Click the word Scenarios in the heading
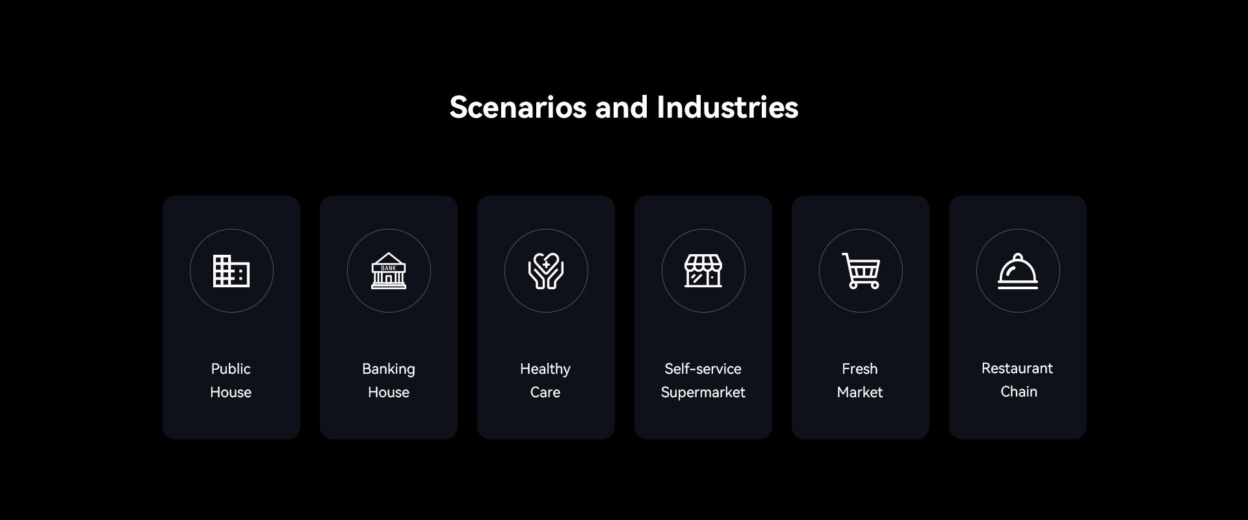point(518,107)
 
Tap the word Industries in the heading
point(727,107)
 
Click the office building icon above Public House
point(231,271)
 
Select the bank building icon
point(389,271)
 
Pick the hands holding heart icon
point(546,271)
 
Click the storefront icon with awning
point(703,271)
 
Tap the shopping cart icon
point(861,271)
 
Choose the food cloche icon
point(1018,271)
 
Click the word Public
point(231,369)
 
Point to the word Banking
point(389,369)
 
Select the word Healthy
point(545,369)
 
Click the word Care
point(545,392)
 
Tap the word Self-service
point(703,369)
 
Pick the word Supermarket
point(703,393)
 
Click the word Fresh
point(860,369)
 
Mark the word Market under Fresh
point(860,392)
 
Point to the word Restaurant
point(1017,368)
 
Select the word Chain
point(1019,391)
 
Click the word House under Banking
point(389,392)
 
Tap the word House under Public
point(231,392)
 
